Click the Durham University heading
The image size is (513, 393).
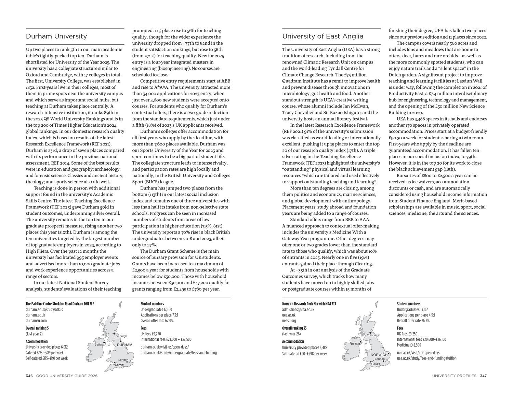tap(56, 36)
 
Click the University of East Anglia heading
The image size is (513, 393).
tap(323, 36)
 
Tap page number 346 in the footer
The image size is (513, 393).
tap(29, 376)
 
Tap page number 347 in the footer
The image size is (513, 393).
tap(483, 376)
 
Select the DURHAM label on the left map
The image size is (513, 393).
tap(124, 345)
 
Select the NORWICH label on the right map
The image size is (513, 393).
tap(379, 355)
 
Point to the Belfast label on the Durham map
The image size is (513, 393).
tap(99, 345)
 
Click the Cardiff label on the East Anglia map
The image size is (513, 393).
tap(376, 364)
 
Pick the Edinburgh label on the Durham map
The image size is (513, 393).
tap(120, 336)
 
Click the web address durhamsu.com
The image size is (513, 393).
tap(36, 321)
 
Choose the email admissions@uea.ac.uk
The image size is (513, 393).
tap(298, 309)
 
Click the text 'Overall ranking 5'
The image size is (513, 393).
tap(37, 328)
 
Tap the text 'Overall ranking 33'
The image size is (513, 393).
tap(294, 328)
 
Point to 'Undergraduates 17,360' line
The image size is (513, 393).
tap(156, 309)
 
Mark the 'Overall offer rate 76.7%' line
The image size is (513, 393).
tap(413, 321)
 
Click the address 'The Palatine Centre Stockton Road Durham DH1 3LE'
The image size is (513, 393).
tap(60, 304)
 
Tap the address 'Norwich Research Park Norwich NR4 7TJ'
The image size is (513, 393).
tap(309, 304)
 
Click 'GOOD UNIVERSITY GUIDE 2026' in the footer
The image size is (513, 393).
tap(67, 376)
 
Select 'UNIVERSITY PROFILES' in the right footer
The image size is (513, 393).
tap(454, 376)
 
